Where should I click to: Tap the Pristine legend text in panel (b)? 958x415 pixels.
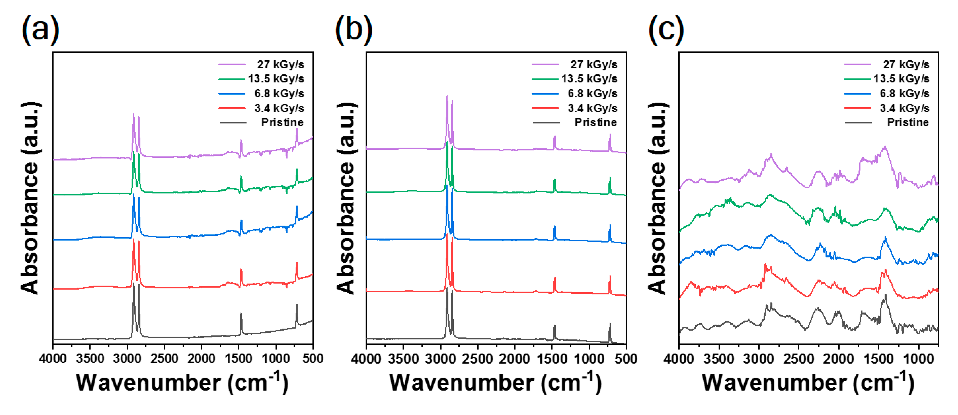595,122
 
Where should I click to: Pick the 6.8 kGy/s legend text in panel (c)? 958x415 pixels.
904,94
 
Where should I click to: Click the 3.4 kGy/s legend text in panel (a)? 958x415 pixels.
279,108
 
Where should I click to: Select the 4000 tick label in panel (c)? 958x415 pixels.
679,359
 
